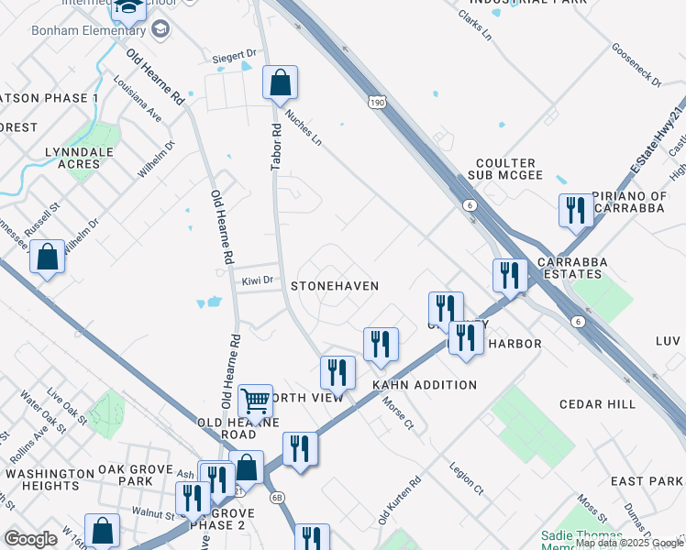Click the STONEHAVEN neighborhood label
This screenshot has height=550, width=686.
pos(335,286)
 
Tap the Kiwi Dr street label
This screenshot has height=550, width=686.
pos(258,280)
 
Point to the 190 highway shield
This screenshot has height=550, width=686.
pos(378,103)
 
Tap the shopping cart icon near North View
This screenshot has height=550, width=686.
pos(255,401)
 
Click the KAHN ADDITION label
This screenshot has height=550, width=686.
pos(424,385)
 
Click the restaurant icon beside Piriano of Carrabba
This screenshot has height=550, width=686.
pos(576,210)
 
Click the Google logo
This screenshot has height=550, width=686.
pos(32,539)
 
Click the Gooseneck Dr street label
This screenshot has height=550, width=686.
pos(636,65)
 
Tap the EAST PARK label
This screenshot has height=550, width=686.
pos(647,481)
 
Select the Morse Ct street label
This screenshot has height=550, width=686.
pos(398,415)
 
